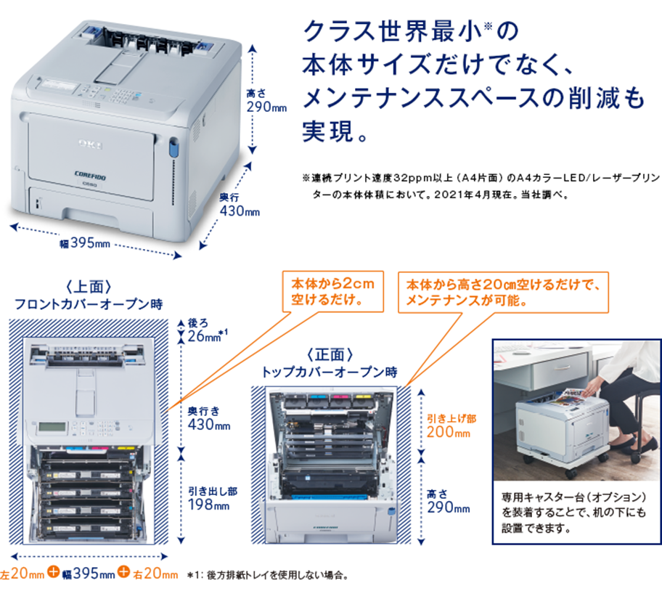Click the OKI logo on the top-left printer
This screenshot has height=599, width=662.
pyautogui.click(x=91, y=142)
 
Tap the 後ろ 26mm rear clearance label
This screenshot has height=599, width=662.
pyautogui.click(x=208, y=328)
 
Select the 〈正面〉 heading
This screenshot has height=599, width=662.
pyautogui.click(x=330, y=355)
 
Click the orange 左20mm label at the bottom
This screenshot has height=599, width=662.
pyautogui.click(x=23, y=575)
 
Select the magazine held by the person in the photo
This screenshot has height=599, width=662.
pyautogui.click(x=567, y=399)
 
